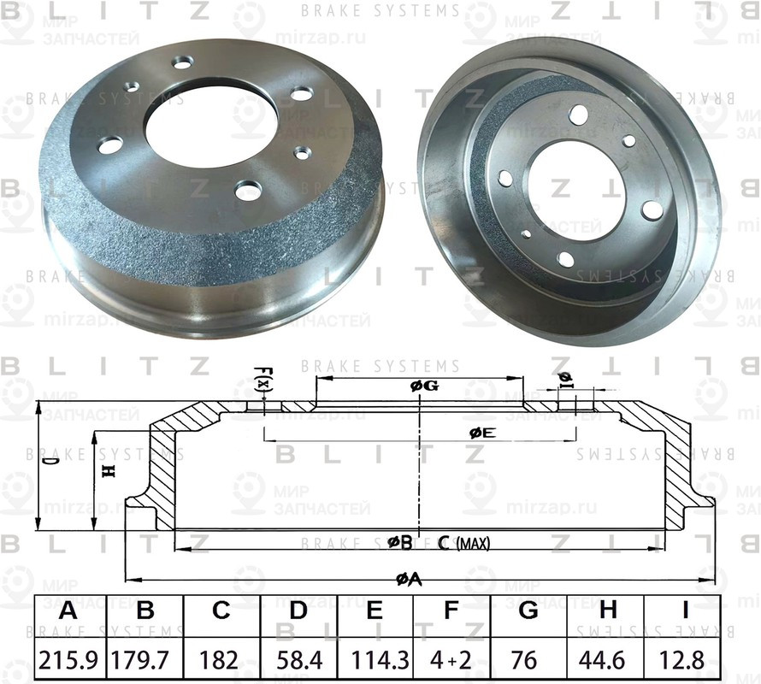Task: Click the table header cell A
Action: (68, 610)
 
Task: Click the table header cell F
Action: (452, 610)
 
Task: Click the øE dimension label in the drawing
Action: (482, 433)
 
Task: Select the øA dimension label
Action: (410, 580)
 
